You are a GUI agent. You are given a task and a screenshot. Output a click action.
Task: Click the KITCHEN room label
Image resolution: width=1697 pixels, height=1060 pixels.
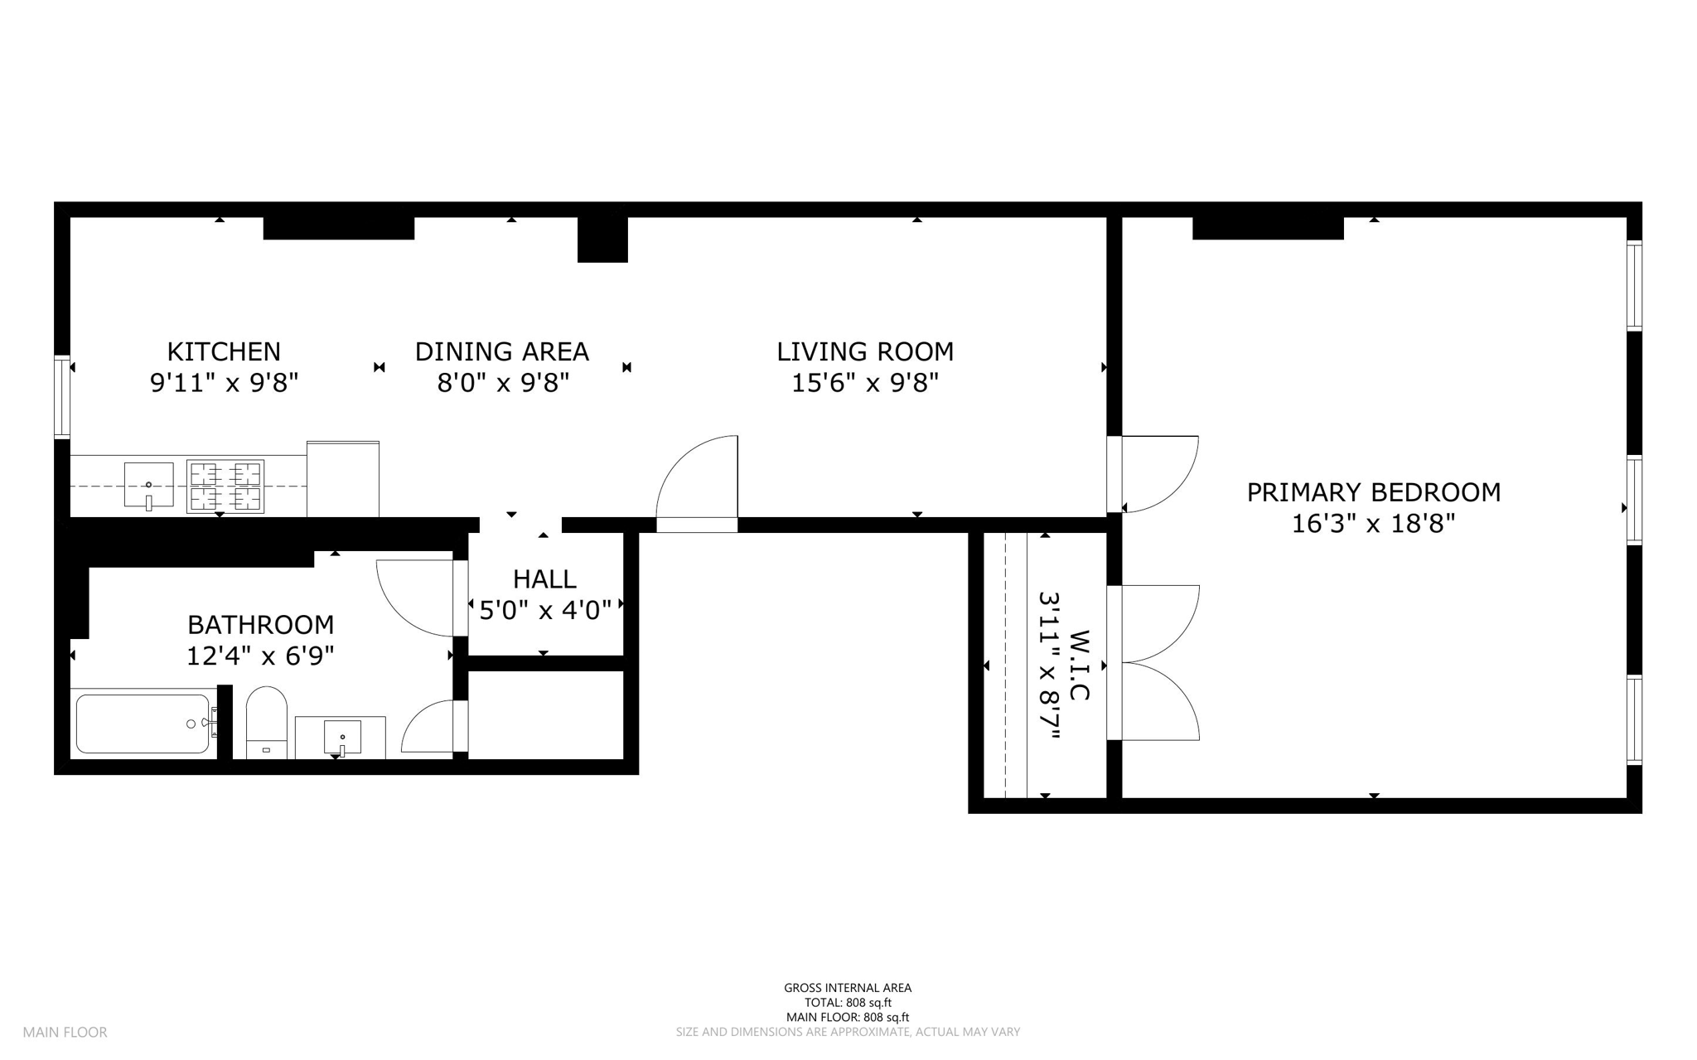pyautogui.click(x=224, y=351)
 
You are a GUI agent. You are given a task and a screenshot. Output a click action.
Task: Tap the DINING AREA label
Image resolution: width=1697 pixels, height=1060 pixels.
pyautogui.click(x=502, y=351)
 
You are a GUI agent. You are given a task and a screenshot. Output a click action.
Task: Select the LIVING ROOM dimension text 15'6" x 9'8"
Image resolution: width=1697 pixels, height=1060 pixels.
pyautogui.click(x=865, y=383)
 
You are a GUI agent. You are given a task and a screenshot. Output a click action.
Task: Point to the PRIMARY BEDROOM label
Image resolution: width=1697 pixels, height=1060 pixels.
pyautogui.click(x=1374, y=492)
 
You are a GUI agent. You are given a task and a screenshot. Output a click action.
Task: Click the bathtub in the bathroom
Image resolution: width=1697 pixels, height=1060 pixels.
pyautogui.click(x=143, y=724)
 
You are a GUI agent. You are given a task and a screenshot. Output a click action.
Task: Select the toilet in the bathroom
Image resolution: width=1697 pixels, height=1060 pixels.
pyautogui.click(x=267, y=722)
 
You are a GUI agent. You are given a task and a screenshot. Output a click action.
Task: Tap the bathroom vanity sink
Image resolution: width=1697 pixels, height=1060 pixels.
pyautogui.click(x=341, y=737)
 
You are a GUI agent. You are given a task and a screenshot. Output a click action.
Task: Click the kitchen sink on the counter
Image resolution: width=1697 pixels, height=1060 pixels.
pyautogui.click(x=149, y=485)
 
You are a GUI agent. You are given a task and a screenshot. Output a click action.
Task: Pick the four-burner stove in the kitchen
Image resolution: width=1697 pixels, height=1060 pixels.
pyautogui.click(x=225, y=486)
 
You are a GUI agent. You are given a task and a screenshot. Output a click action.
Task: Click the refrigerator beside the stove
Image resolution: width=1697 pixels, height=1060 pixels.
pyautogui.click(x=343, y=479)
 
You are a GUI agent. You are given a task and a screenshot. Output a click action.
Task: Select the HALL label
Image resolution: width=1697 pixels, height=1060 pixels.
pyautogui.click(x=544, y=578)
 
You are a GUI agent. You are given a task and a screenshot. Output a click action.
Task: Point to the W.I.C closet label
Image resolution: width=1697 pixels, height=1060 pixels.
pyautogui.click(x=1078, y=666)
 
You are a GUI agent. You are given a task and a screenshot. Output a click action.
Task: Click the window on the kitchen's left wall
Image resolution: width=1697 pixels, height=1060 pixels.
pyautogui.click(x=62, y=396)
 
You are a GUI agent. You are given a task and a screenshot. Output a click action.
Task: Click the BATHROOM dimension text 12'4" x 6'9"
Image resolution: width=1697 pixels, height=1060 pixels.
pyautogui.click(x=260, y=656)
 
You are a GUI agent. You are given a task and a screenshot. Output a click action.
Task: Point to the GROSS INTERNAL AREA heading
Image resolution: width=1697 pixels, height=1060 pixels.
pyautogui.click(x=848, y=988)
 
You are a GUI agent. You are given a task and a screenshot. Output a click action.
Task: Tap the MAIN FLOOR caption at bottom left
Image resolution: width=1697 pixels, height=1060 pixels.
pyautogui.click(x=65, y=1033)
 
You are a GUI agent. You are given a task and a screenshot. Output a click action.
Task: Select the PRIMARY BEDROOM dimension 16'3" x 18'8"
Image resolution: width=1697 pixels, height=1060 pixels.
pyautogui.click(x=1374, y=524)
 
